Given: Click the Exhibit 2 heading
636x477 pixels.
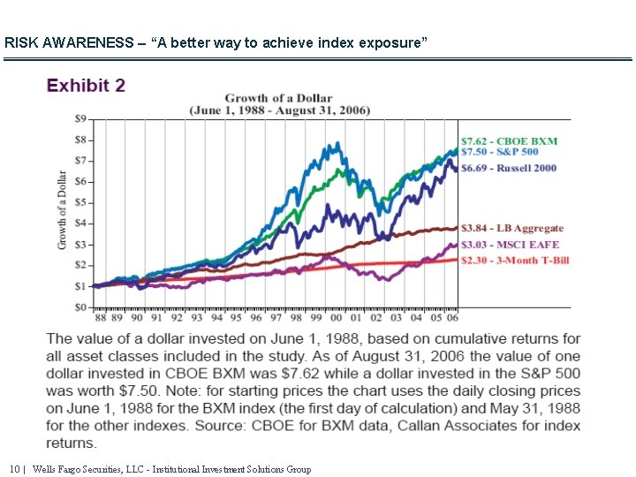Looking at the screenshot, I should tap(86, 86).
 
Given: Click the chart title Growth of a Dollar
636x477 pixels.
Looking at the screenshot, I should tap(279, 98).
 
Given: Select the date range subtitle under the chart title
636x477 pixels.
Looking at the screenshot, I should tap(279, 110).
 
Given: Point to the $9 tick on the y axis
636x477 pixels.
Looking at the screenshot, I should tap(80, 118).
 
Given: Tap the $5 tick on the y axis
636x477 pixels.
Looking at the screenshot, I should tap(80, 202).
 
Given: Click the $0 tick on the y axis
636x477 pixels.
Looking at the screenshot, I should tap(80, 307).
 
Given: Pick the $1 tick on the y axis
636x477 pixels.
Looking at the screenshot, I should tap(80, 286).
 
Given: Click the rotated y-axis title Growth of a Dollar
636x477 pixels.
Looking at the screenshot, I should tap(63, 209).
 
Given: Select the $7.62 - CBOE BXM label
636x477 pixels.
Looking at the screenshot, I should tap(510, 140).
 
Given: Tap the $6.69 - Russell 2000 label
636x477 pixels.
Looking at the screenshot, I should tap(509, 168).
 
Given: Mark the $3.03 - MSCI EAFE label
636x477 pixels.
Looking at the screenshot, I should tap(510, 245).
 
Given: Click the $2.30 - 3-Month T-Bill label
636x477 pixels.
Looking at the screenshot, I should tap(515, 260).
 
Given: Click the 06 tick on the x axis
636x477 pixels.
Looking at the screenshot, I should tap(450, 317).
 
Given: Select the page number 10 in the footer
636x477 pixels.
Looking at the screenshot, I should tap(14, 469).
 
